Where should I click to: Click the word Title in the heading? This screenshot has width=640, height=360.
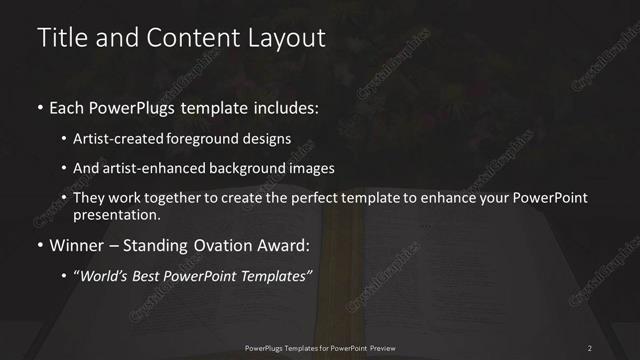pos(57,38)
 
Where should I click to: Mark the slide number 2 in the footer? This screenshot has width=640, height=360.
pos(590,347)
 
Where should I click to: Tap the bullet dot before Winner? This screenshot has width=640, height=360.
pos(40,245)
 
